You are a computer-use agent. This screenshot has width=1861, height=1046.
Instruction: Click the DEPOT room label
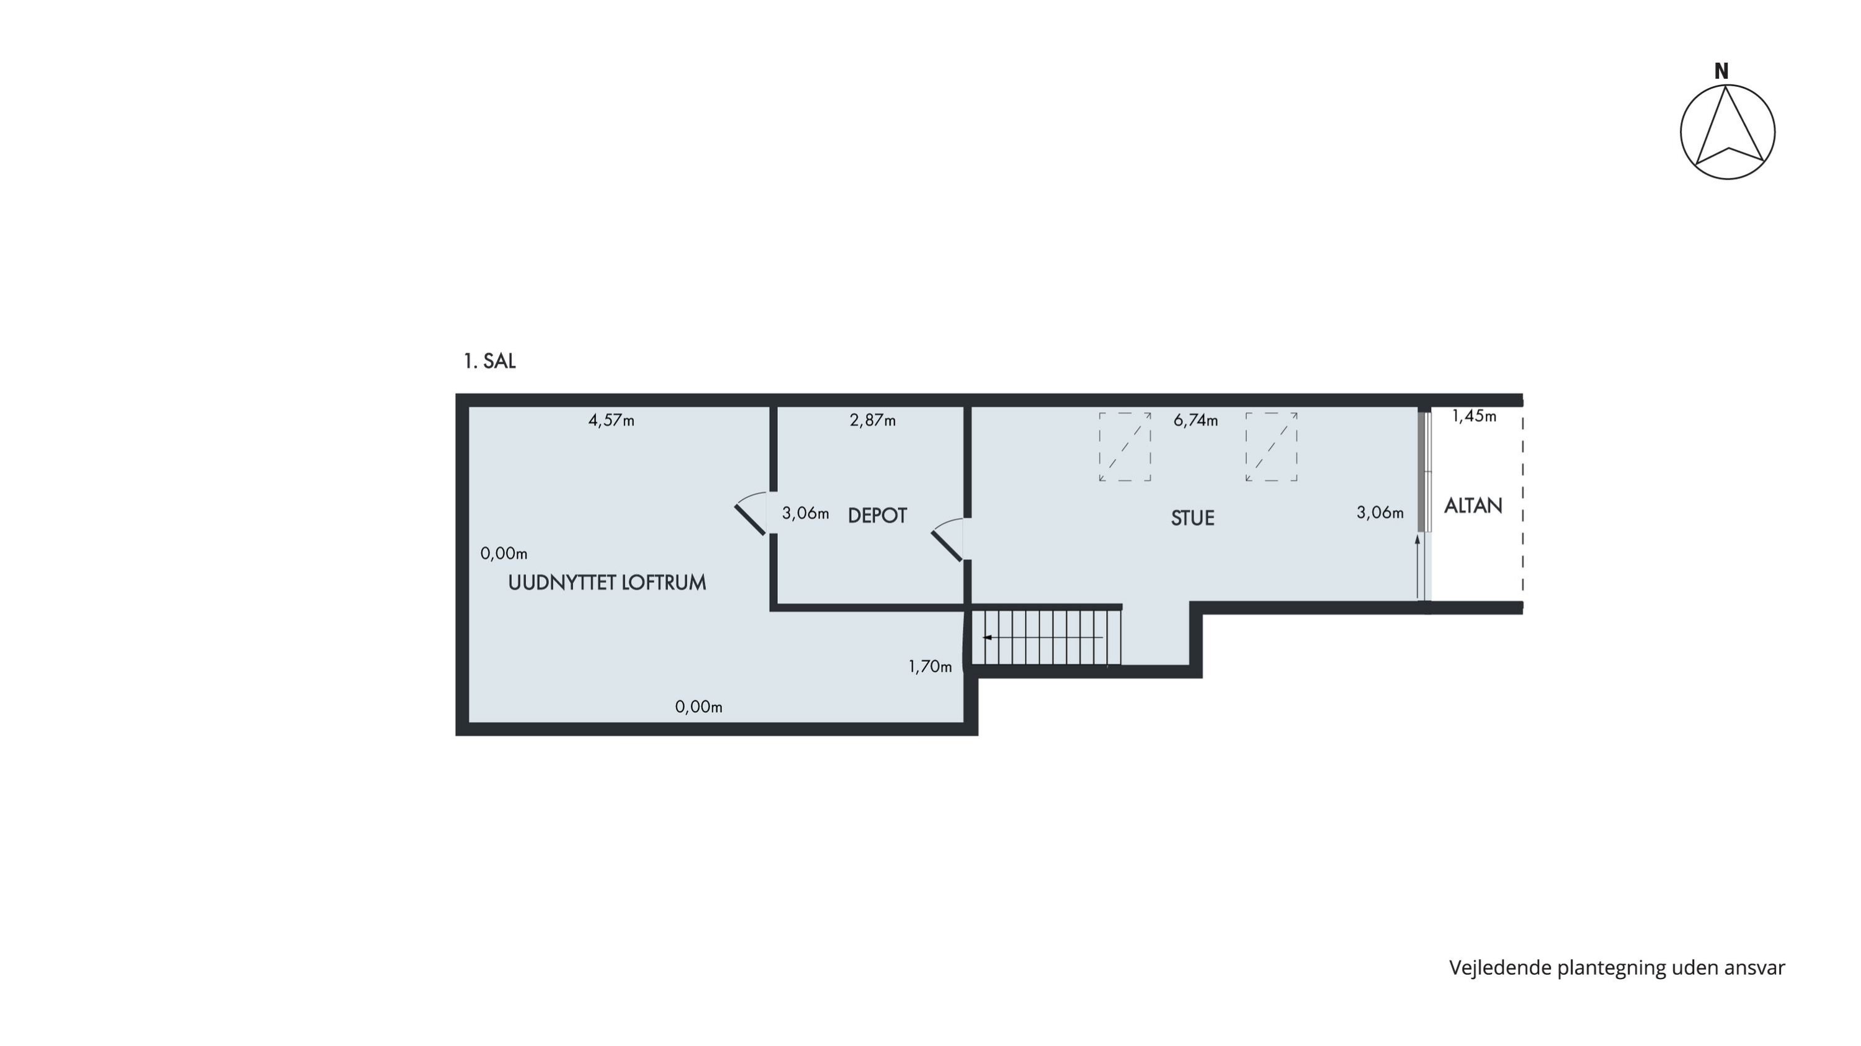point(877,516)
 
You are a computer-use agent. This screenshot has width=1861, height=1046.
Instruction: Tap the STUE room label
point(1193,518)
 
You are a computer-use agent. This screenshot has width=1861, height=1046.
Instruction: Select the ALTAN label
point(1473,506)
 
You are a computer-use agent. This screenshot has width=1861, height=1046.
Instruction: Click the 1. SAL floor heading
point(490,361)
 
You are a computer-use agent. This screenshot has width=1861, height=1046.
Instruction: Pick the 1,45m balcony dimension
point(1475,416)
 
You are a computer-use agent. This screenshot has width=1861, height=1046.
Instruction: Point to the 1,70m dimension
point(930,667)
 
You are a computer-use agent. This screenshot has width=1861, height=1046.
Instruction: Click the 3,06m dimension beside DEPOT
point(806,514)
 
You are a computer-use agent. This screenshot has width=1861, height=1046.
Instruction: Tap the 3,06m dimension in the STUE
point(1380,513)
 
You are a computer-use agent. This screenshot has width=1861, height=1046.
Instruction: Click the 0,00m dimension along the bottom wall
point(698,707)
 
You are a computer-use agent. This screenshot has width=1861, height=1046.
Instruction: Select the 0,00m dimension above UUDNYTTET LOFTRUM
point(504,554)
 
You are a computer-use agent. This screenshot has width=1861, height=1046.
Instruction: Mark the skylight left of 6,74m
point(1125,447)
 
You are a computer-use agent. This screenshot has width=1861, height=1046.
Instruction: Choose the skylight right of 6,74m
point(1272,447)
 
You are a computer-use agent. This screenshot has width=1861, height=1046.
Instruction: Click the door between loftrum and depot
point(751,513)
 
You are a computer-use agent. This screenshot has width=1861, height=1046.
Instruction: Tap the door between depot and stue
point(947,539)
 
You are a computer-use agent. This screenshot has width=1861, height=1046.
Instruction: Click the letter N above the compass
point(1721,71)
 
